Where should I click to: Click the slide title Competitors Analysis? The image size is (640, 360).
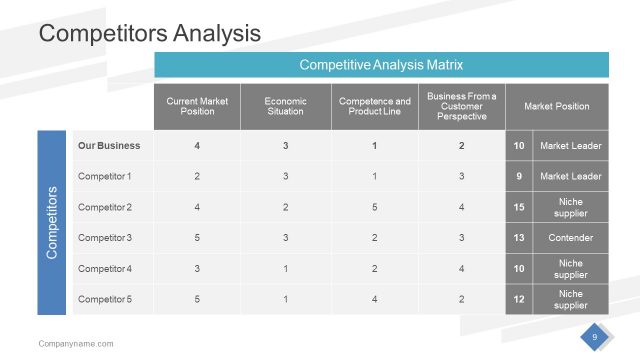pyautogui.click(x=149, y=33)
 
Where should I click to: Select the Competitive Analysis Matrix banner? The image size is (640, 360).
pyautogui.click(x=381, y=65)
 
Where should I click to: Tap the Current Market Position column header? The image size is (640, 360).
pyautogui.click(x=197, y=106)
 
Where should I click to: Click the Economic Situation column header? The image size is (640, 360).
pyautogui.click(x=285, y=106)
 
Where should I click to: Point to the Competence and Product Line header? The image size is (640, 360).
pyautogui.click(x=374, y=106)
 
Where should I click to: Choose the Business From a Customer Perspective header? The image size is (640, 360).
pyautogui.click(x=461, y=106)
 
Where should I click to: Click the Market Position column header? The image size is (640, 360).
pyautogui.click(x=557, y=106)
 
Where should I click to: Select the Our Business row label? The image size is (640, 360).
pyautogui.click(x=109, y=146)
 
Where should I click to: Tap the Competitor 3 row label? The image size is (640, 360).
pyautogui.click(x=105, y=238)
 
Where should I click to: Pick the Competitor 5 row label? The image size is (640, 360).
pyautogui.click(x=105, y=299)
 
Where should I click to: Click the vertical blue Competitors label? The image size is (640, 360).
pyautogui.click(x=54, y=223)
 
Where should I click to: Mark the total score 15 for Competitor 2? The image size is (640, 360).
pyautogui.click(x=519, y=207)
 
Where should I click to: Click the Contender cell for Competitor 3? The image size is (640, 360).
pyautogui.click(x=571, y=238)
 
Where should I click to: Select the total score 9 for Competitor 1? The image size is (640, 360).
pyautogui.click(x=519, y=177)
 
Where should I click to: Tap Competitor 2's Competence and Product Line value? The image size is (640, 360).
pyautogui.click(x=374, y=207)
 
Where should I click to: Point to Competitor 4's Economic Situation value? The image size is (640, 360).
pyautogui.click(x=285, y=269)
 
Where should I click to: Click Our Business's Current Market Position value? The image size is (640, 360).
pyautogui.click(x=197, y=146)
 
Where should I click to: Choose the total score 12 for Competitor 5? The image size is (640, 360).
pyautogui.click(x=519, y=299)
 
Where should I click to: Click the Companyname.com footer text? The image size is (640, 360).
pyautogui.click(x=76, y=343)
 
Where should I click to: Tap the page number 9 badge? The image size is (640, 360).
pyautogui.click(x=595, y=337)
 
